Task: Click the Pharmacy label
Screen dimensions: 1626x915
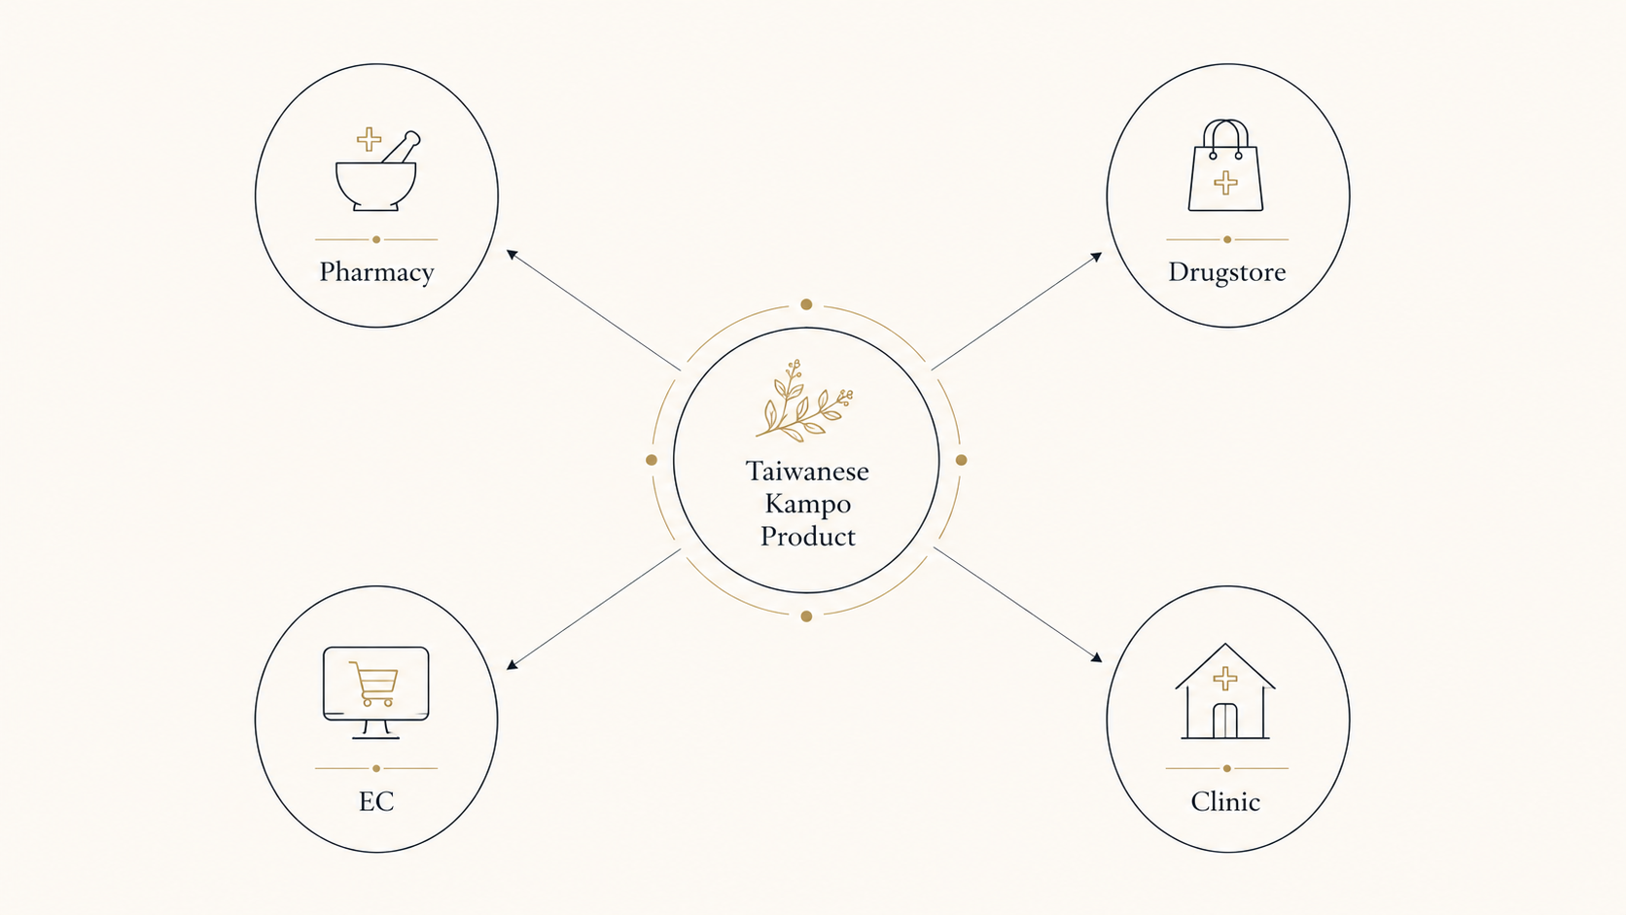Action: [x=376, y=272]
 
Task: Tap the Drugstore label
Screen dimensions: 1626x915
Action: [x=1226, y=271]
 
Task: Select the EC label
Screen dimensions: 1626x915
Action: [x=376, y=801]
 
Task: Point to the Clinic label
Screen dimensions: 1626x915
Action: [x=1225, y=801]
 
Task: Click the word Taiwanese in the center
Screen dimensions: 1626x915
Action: [x=806, y=471]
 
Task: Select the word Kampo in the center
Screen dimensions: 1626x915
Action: [x=807, y=504]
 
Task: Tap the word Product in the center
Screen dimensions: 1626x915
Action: [x=808, y=536]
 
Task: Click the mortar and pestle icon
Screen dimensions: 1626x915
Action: [x=376, y=170]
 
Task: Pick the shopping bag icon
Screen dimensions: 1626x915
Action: [x=1225, y=165]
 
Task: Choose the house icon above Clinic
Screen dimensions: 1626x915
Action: [x=1225, y=691]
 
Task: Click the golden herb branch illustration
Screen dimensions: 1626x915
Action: [x=803, y=401]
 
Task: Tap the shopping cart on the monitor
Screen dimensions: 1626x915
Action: [x=374, y=684]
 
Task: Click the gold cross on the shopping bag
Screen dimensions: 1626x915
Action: [x=1225, y=183]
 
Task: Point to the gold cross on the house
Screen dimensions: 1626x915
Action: [x=1225, y=679]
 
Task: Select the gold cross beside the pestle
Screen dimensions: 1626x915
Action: [x=369, y=139]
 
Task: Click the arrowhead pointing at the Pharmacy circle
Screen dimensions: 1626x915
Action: [x=512, y=254]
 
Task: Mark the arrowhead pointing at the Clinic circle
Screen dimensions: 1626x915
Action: [x=1098, y=657]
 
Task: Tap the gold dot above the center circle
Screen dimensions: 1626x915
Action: [x=806, y=304]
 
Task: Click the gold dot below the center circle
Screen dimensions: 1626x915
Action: [x=806, y=616]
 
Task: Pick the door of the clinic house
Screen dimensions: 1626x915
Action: [x=1225, y=721]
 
